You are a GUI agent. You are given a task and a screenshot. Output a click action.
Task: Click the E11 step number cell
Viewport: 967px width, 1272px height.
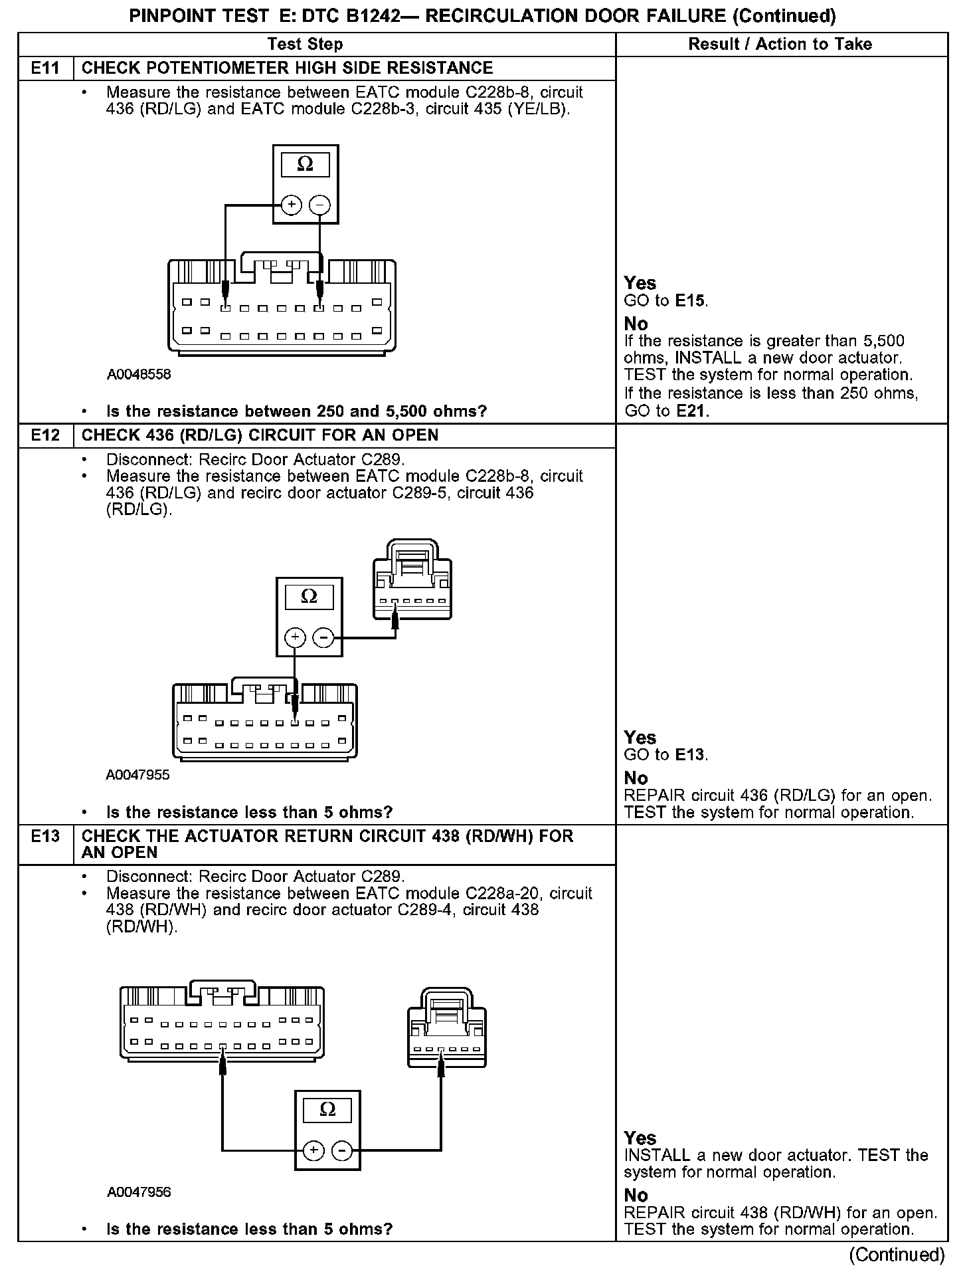[45, 68]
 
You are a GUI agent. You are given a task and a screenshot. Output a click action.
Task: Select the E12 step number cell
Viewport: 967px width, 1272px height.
[45, 436]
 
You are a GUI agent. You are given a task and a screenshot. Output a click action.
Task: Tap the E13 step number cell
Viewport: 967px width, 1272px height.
[45, 837]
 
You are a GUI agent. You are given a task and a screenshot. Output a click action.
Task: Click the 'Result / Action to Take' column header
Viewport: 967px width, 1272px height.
[780, 45]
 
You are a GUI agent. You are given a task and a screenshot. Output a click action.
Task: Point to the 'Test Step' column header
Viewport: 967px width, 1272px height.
[306, 45]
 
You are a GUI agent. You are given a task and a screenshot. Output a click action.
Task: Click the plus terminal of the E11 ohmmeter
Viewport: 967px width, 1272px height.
[291, 205]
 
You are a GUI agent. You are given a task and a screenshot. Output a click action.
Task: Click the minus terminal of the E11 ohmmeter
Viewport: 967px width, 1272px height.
[320, 205]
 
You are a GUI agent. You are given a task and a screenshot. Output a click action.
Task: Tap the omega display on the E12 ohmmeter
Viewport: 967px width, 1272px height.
[309, 597]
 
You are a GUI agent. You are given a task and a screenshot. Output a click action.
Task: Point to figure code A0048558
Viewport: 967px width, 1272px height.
[139, 374]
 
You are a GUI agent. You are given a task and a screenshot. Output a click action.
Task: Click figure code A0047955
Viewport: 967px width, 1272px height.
[137, 775]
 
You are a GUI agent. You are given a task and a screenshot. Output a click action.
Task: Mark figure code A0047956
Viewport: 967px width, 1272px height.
[139, 1192]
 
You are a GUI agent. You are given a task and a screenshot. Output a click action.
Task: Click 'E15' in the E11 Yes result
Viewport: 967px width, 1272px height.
[691, 301]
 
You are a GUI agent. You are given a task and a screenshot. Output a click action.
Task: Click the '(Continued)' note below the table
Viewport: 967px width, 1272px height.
[897, 1255]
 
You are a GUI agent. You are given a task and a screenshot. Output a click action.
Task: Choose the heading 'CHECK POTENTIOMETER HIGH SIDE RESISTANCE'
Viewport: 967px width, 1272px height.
[287, 68]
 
